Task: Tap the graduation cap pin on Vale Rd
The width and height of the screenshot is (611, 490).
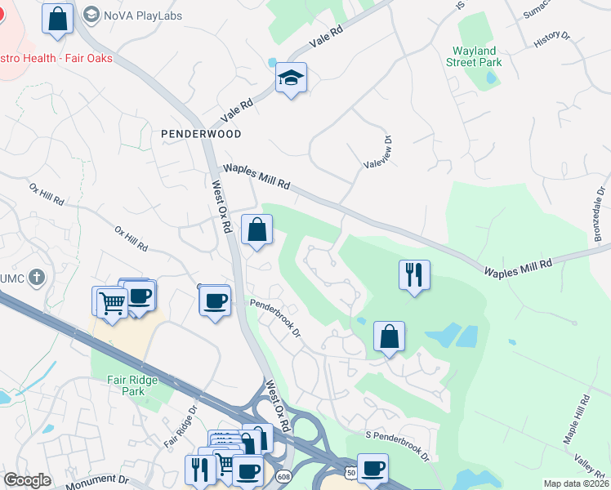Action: pos(291,78)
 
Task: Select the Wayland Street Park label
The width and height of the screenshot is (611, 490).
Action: pos(486,56)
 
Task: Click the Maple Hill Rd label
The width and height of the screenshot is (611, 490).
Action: pos(577,420)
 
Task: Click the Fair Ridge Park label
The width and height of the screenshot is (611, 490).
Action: pos(126,385)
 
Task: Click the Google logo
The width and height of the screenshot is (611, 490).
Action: pos(27,480)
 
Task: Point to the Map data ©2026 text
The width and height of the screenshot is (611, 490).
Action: pos(576,483)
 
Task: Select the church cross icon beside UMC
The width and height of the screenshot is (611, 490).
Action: pos(35,278)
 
